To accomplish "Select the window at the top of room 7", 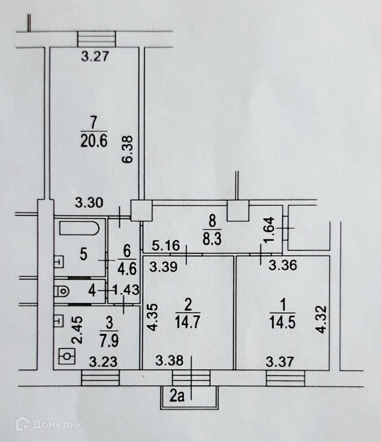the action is click(x=97, y=39).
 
